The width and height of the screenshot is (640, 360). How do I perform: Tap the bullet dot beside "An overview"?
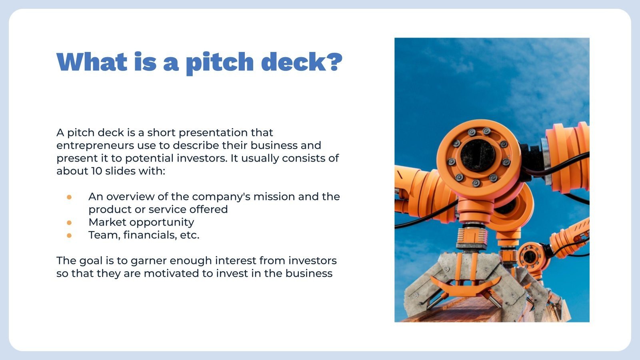(x=69, y=197)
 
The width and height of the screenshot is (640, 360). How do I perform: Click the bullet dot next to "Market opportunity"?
(x=69, y=222)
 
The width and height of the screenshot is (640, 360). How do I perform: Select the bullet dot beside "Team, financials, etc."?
(x=69, y=235)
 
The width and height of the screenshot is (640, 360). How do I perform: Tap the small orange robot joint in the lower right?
(x=530, y=256)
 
